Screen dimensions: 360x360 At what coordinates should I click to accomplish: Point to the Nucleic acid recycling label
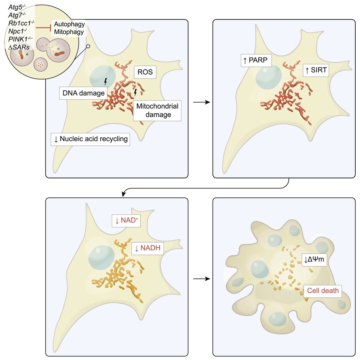tap(90, 139)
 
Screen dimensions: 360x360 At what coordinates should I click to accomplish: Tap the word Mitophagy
tap(69, 32)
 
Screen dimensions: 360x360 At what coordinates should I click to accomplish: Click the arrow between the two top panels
tap(201, 102)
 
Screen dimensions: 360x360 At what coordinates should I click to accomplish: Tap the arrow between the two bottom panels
tap(201, 279)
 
